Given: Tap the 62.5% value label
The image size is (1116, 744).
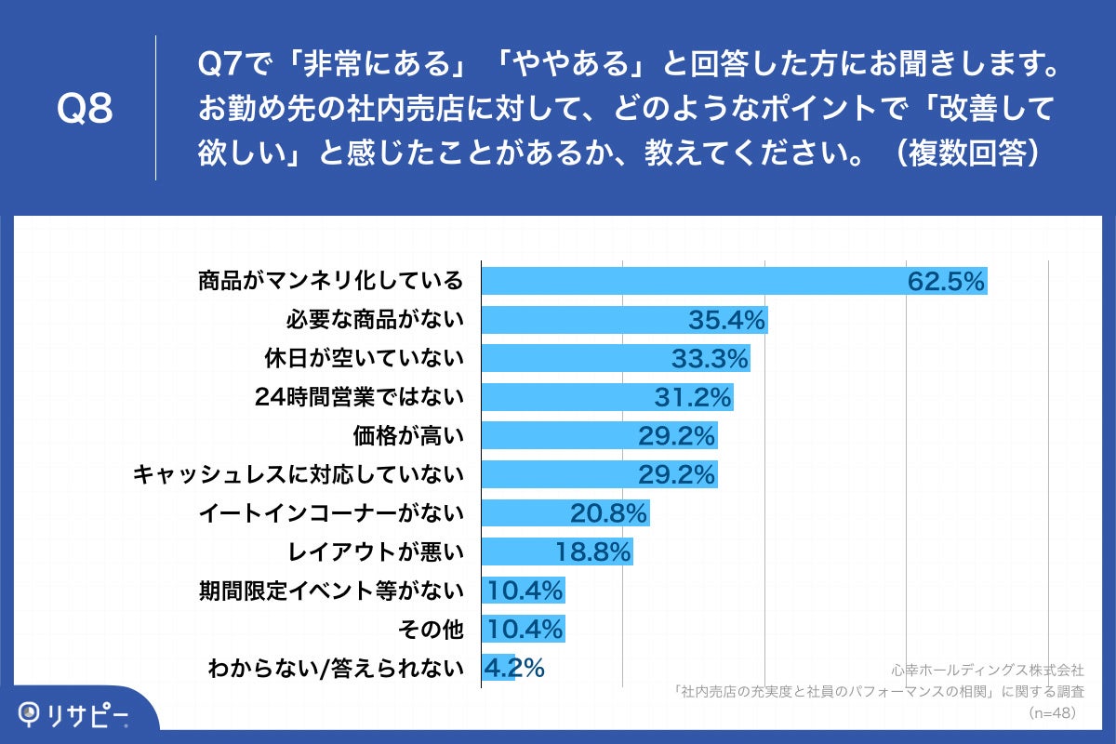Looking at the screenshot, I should (946, 282).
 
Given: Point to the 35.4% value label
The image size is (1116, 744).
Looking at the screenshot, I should (726, 321).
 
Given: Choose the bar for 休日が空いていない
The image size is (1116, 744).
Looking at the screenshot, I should (615, 358).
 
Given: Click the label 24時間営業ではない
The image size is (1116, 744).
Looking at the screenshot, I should (359, 397).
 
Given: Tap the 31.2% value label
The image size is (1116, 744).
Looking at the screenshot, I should (693, 398).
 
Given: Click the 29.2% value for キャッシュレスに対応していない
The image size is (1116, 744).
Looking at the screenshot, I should (676, 474).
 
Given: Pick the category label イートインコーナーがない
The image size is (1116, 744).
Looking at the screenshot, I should (331, 512).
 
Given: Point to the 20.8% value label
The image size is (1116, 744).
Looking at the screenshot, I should (608, 513).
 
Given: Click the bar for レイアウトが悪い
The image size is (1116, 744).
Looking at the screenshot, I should (556, 551).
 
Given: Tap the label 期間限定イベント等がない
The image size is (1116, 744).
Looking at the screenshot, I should (330, 590).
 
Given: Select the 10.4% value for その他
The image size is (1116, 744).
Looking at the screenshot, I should (525, 630).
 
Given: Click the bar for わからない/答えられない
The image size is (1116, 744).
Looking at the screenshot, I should (498, 668).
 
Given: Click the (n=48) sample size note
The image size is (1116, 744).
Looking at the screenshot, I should (1052, 712).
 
